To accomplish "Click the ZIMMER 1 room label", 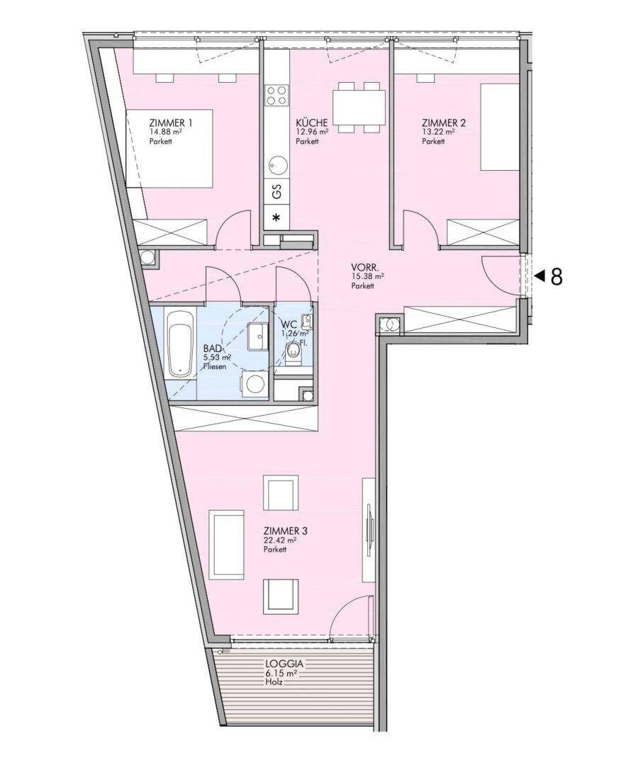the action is [x=170, y=123].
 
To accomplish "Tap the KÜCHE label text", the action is [x=311, y=123].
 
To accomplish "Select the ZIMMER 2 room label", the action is [x=443, y=123].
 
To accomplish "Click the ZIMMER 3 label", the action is [x=285, y=531].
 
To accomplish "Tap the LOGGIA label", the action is [x=285, y=664].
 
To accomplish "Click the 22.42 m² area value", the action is [x=280, y=540].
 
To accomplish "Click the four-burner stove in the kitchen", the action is [x=276, y=95].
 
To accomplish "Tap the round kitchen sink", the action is [x=276, y=165].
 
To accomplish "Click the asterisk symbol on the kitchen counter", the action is [x=276, y=217].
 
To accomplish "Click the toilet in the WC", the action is [x=293, y=353].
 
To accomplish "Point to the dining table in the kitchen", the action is [x=359, y=108].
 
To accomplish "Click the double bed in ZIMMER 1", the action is [x=169, y=148].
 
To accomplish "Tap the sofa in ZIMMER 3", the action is [x=226, y=545].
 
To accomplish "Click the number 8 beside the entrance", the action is [x=557, y=277].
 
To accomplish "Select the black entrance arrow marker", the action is [x=540, y=276].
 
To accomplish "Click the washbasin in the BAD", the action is [x=258, y=336].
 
